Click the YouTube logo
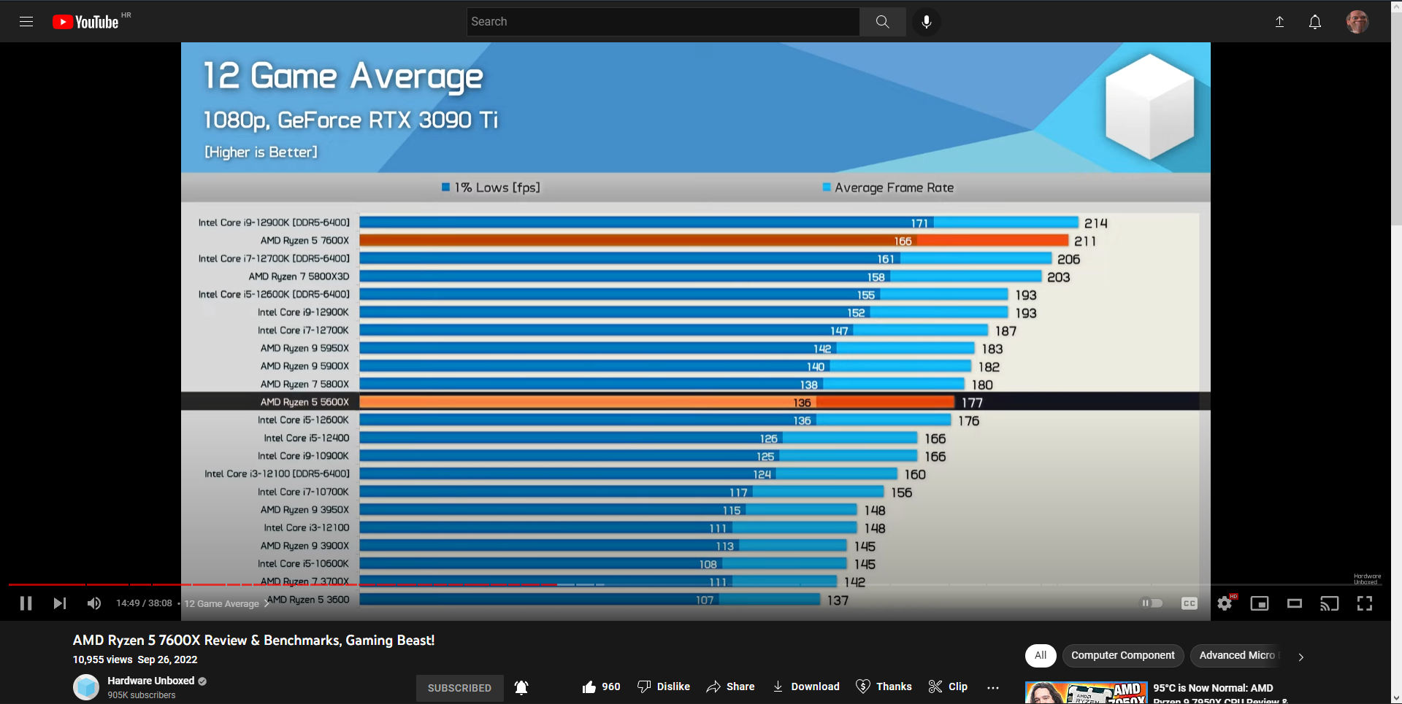(85, 22)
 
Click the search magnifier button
(882, 22)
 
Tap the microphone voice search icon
(926, 22)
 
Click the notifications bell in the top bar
(1314, 22)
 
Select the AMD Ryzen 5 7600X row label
(304, 241)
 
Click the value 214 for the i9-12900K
(1095, 223)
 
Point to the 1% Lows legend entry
(491, 187)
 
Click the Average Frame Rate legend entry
(888, 187)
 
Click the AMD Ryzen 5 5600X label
(304, 402)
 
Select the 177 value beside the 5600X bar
(972, 403)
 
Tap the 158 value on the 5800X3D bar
(876, 277)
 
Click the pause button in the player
(26, 603)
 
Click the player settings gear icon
(1225, 603)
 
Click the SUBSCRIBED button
(459, 688)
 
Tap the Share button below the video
(730, 686)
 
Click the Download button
(806, 686)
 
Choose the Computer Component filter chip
(1122, 655)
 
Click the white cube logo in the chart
(1149, 107)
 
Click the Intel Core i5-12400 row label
(306, 438)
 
